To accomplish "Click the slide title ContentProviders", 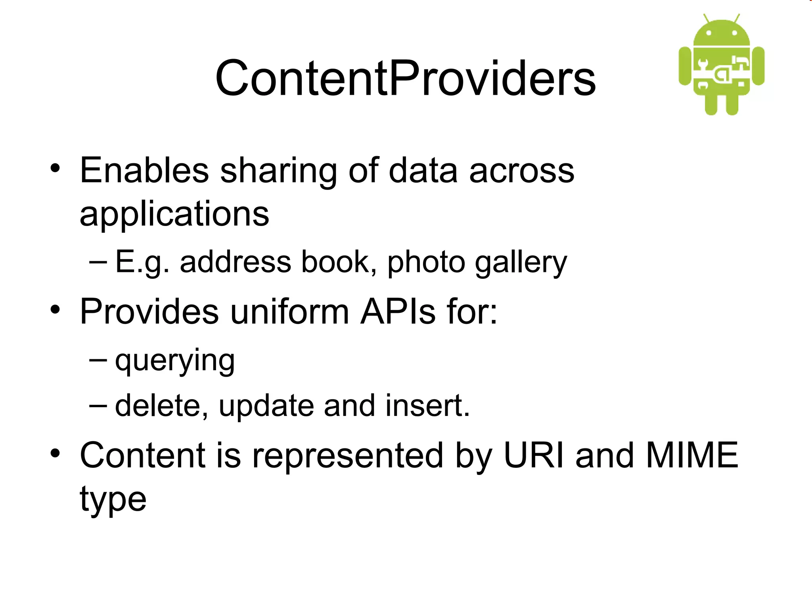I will [x=405, y=78].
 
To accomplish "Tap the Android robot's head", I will [x=722, y=34].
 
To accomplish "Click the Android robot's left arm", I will [x=685, y=66].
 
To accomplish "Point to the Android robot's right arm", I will [x=758, y=66].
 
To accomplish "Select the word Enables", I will [x=144, y=170].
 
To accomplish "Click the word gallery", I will [x=521, y=263].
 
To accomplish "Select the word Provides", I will [x=149, y=312].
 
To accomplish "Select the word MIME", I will [x=692, y=455].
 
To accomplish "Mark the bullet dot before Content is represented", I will [x=55, y=453].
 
